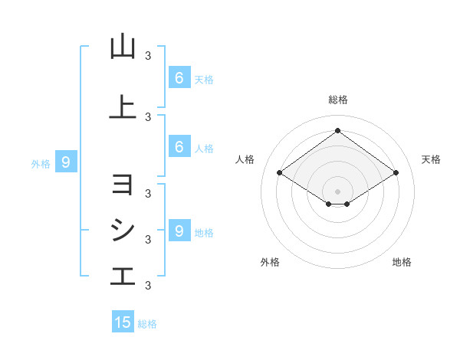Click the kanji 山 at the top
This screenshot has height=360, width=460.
(x=123, y=47)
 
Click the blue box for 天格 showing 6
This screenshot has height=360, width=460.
(x=179, y=77)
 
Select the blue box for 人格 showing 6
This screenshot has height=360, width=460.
(x=179, y=147)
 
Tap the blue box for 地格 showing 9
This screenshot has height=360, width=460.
(x=179, y=231)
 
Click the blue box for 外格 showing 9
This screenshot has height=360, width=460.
(x=66, y=162)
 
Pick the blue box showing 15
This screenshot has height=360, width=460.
(x=123, y=322)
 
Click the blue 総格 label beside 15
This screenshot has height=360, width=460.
(x=147, y=324)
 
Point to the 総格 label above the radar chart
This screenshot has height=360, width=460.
(x=337, y=100)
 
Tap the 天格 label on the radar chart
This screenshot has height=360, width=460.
(x=431, y=159)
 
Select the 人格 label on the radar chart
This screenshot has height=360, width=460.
(x=245, y=159)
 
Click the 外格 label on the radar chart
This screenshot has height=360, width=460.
(x=270, y=262)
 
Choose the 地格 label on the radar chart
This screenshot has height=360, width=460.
(x=402, y=262)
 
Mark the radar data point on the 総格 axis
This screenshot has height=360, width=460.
(x=337, y=130)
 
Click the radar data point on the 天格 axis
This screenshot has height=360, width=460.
(x=396, y=173)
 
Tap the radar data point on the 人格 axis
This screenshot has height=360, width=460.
(x=280, y=173)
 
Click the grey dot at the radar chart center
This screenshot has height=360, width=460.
(x=337, y=191)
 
